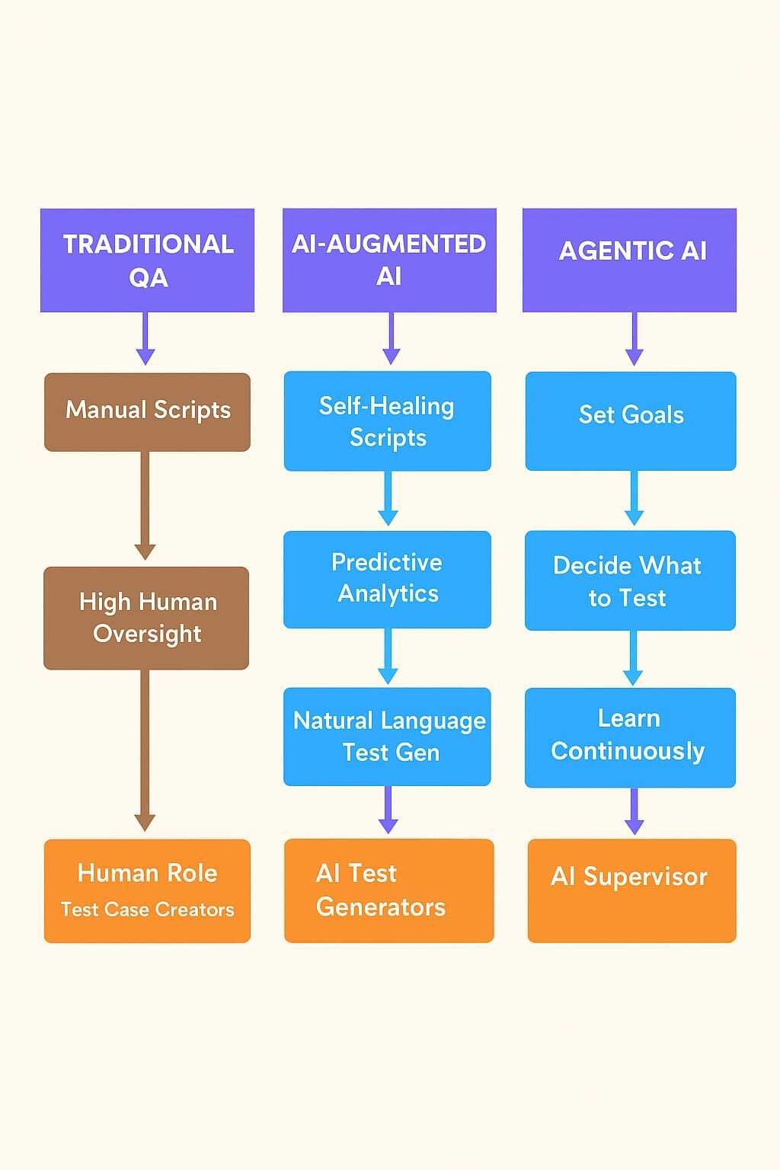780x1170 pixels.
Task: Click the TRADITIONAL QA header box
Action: pyautogui.click(x=147, y=260)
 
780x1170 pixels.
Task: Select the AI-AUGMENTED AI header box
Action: pyautogui.click(x=389, y=260)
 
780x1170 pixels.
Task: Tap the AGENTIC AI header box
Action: pyautogui.click(x=629, y=260)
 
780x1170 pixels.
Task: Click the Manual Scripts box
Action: pyautogui.click(x=147, y=411)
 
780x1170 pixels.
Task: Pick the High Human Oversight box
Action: pyautogui.click(x=146, y=618)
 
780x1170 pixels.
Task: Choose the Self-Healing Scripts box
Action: pyautogui.click(x=387, y=420)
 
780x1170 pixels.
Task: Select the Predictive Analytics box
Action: pyautogui.click(x=387, y=579)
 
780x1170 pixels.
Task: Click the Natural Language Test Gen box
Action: pyautogui.click(x=387, y=736)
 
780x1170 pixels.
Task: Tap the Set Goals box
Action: pyautogui.click(x=631, y=420)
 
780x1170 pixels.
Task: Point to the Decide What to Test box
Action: pyautogui.click(x=630, y=580)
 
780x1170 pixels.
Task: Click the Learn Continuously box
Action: pyautogui.click(x=630, y=737)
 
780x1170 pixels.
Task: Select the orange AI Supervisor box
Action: pyautogui.click(x=631, y=890)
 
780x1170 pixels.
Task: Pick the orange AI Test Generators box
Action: pyautogui.click(x=388, y=890)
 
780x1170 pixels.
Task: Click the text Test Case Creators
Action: pyautogui.click(x=147, y=909)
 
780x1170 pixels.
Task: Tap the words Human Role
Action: pyautogui.click(x=147, y=873)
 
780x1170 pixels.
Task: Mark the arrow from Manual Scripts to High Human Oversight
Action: pyautogui.click(x=145, y=507)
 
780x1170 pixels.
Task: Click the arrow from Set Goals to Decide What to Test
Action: pyautogui.click(x=634, y=499)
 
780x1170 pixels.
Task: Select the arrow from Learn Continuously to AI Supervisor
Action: pyautogui.click(x=634, y=812)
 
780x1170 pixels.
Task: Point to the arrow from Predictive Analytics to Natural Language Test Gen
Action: pyautogui.click(x=388, y=657)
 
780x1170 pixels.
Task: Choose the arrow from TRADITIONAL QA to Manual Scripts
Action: pyautogui.click(x=145, y=339)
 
